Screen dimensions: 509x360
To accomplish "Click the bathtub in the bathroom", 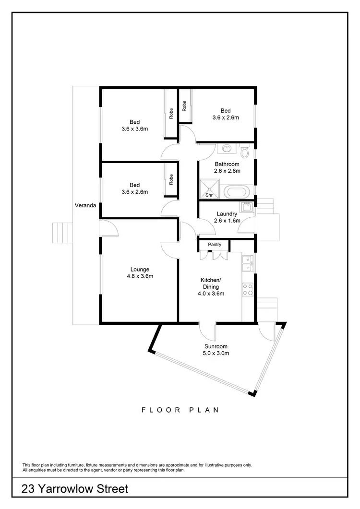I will [237, 193].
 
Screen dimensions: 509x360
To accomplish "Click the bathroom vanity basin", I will [227, 148].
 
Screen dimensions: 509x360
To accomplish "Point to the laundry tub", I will [247, 207].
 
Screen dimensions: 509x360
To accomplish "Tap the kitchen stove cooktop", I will [248, 289].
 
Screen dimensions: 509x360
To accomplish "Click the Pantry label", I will [214, 245].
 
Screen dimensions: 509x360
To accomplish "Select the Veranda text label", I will [85, 205].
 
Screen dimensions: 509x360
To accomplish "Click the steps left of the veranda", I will [61, 234].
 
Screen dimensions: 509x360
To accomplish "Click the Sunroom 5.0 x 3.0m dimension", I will [216, 353].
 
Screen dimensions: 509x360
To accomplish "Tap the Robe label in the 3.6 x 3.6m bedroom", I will [171, 113].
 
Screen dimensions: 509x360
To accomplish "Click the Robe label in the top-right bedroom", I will [184, 106].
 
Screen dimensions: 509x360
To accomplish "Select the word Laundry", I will [227, 214].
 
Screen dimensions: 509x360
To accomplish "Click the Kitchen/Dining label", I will [210, 283].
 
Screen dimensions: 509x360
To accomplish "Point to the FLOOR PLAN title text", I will [180, 410].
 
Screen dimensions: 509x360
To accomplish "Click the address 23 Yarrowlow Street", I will [75, 489].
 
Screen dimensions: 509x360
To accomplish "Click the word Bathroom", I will [227, 164].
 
